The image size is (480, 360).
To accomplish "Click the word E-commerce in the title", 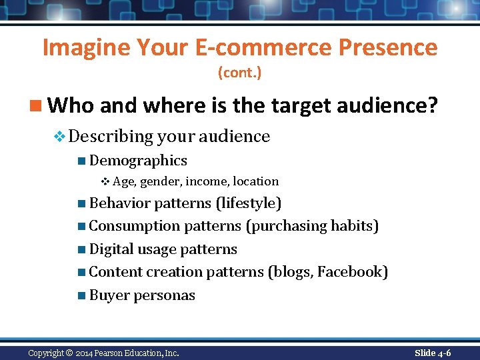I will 264,47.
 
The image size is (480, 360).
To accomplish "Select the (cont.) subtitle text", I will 239,72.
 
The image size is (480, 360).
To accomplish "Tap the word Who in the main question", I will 69,105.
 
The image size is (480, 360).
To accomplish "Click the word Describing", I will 111,137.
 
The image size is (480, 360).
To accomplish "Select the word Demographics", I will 138,161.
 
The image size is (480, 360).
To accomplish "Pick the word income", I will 207,181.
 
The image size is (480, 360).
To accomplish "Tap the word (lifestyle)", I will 249,203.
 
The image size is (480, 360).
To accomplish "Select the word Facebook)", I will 353,272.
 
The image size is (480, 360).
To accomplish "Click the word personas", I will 165,295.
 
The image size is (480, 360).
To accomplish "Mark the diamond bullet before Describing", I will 59,137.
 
